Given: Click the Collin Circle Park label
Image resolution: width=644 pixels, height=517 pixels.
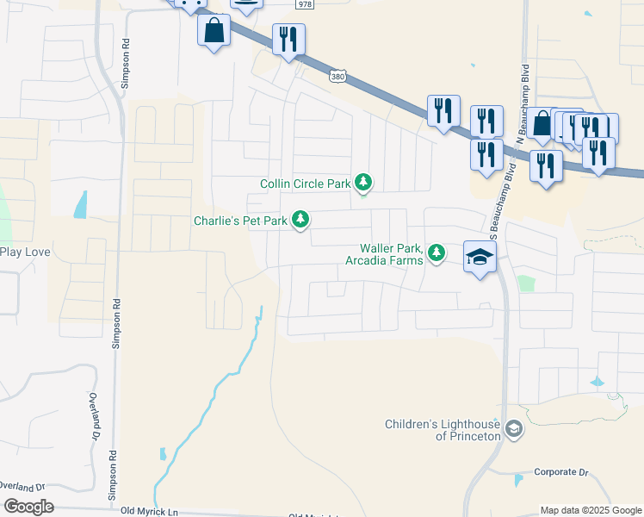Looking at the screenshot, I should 306,184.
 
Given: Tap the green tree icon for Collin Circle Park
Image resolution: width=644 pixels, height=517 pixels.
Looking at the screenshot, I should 364,182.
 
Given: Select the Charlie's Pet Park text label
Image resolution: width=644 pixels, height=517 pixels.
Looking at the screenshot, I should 239,221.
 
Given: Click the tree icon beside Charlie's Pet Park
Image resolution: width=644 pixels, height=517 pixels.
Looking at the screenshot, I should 300,221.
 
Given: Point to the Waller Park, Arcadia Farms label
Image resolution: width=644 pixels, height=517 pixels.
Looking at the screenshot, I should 385,253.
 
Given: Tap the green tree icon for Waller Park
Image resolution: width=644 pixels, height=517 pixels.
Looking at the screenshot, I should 437,252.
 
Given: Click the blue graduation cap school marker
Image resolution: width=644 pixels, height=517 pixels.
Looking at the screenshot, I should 480,256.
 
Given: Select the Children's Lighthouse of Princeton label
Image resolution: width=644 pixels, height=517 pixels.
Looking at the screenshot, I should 443,430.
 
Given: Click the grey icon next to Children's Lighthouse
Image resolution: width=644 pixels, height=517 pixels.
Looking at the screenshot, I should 514,429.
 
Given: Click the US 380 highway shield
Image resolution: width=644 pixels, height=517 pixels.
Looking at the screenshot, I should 337,77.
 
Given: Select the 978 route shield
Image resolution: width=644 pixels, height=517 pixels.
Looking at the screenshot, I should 304,4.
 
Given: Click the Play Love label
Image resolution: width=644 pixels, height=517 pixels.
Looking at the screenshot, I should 25,252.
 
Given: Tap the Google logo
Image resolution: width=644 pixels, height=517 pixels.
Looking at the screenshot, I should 28,506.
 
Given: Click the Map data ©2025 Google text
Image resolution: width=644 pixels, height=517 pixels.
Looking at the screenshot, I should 591,510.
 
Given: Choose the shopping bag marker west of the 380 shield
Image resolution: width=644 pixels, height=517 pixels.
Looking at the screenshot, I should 214,31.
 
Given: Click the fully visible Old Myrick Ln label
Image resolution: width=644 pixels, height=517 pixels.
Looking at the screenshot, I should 148,511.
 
